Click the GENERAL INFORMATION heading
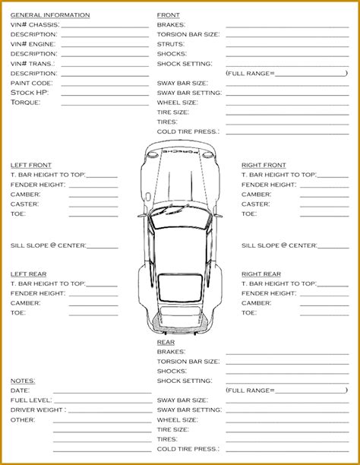50,14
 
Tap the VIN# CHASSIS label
34,24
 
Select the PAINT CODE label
31,83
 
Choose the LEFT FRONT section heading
31,165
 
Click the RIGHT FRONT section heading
264,165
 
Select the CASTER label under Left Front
25,204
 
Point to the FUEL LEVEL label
31,400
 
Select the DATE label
20,390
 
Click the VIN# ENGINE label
33,44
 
